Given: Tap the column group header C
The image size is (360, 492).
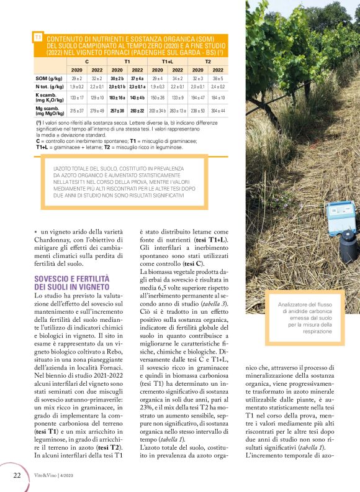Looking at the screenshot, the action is [x=86, y=62].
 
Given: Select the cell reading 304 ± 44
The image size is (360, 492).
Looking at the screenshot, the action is [x=217, y=111].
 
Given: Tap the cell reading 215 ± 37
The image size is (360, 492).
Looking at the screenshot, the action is [x=77, y=111].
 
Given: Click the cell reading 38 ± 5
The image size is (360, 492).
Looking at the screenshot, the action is [x=217, y=79].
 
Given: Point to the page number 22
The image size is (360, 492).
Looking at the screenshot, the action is [x=17, y=475].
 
